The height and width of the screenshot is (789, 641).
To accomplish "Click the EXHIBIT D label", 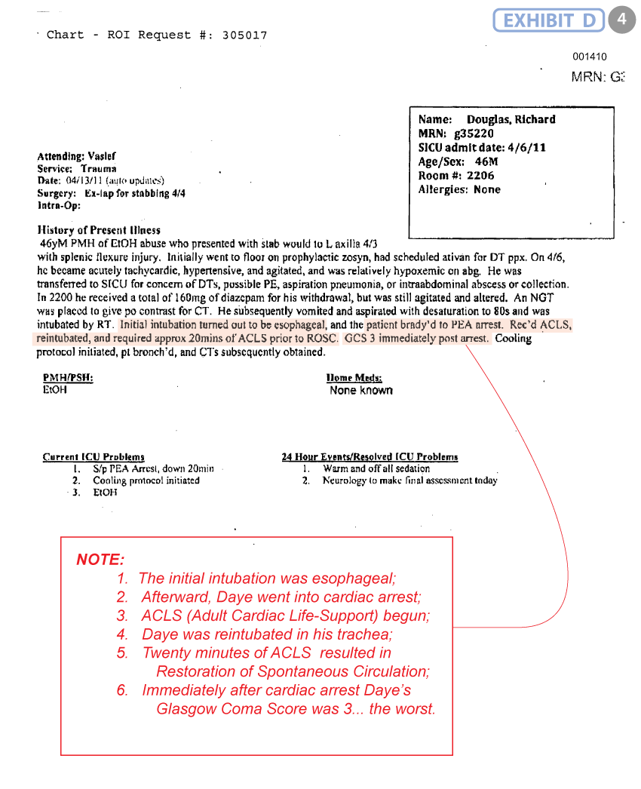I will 549,20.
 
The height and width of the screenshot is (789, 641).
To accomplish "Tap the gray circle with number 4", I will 621,20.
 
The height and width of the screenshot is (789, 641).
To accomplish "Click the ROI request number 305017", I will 244,35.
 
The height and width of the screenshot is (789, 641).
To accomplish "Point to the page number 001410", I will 589,57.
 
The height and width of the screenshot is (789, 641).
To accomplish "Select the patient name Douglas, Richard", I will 511,119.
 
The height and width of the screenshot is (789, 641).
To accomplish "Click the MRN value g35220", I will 480,134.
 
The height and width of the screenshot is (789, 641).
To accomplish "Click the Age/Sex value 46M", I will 486,161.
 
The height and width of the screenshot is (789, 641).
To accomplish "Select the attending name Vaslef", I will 102,157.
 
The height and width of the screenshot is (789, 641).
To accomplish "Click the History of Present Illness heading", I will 98,230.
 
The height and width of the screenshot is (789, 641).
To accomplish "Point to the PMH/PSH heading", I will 68,377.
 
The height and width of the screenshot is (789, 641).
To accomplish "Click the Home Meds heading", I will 354,377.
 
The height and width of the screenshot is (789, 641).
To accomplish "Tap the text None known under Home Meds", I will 360,391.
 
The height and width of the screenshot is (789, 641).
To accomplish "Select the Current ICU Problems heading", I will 94,457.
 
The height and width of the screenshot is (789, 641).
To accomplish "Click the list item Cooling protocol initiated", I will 146,480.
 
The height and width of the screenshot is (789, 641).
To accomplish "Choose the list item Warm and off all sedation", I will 376,468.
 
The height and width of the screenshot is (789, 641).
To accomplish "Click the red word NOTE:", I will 100,560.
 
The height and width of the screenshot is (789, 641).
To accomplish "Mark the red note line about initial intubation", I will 267,579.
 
